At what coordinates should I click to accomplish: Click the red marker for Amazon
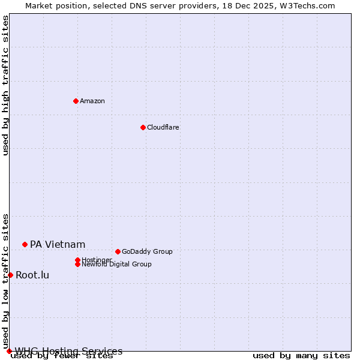pyautogui.click(x=76, y=101)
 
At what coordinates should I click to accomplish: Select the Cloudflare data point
pyautogui.click(x=143, y=127)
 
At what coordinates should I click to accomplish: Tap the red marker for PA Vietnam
pyautogui.click(x=25, y=244)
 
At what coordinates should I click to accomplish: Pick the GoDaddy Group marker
pyautogui.click(x=118, y=251)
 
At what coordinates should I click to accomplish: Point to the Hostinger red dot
pyautogui.click(x=77, y=260)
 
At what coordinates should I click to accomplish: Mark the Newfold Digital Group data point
pyautogui.click(x=77, y=264)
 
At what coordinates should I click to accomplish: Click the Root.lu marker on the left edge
pyautogui.click(x=10, y=275)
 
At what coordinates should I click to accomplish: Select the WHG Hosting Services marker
pyautogui.click(x=9, y=351)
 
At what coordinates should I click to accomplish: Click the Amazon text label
pyautogui.click(x=92, y=101)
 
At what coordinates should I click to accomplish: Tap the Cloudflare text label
pyautogui.click(x=163, y=127)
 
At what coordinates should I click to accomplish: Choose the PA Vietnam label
pyautogui.click(x=58, y=244)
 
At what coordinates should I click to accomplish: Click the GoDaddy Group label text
pyautogui.click(x=147, y=251)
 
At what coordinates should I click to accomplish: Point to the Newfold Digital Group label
pyautogui.click(x=117, y=264)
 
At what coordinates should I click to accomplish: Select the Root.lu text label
pyautogui.click(x=32, y=275)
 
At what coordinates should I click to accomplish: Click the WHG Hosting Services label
pyautogui.click(x=68, y=351)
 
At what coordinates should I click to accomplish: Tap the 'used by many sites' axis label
pyautogui.click(x=301, y=356)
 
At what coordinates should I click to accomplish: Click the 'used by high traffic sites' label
pyautogui.click(x=5, y=85)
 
